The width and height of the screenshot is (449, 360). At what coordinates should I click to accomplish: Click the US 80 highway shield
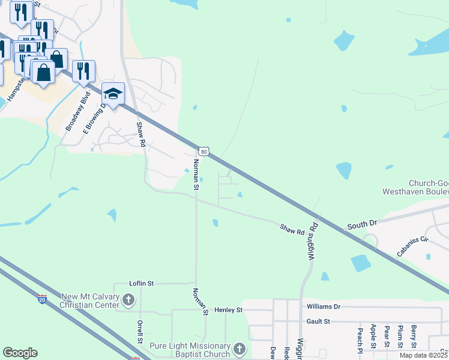(205, 152)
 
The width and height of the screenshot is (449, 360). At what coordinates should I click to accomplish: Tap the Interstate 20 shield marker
(42, 298)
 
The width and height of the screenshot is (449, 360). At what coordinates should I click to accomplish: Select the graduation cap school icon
(113, 94)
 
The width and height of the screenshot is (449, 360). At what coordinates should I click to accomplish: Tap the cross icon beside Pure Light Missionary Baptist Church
(239, 349)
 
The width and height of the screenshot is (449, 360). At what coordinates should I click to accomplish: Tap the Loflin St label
(142, 283)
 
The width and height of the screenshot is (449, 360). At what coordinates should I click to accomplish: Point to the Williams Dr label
(323, 307)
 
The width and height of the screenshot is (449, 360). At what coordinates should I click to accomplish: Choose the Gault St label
(318, 322)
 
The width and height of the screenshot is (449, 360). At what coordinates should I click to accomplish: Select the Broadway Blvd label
(78, 112)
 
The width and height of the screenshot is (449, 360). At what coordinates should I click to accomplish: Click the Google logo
(20, 353)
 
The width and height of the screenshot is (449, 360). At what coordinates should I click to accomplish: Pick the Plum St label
(400, 337)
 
